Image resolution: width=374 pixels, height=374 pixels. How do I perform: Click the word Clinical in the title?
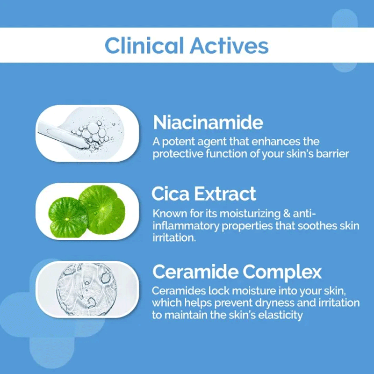tap(144, 45)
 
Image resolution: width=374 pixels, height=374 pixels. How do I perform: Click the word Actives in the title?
tap(229, 45)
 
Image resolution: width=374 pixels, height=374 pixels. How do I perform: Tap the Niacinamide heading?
tap(208, 122)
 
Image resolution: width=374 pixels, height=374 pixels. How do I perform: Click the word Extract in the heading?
tap(225, 194)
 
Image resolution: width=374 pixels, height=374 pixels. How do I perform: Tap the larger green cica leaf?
tap(102, 209)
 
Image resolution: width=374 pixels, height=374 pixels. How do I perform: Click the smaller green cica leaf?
tap(67, 217)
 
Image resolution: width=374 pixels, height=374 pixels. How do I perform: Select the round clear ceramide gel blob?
tap(86, 289)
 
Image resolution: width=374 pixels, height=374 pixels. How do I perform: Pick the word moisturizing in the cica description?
tap(250, 214)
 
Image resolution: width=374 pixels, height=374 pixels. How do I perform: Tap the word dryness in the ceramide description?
tap(274, 303)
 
